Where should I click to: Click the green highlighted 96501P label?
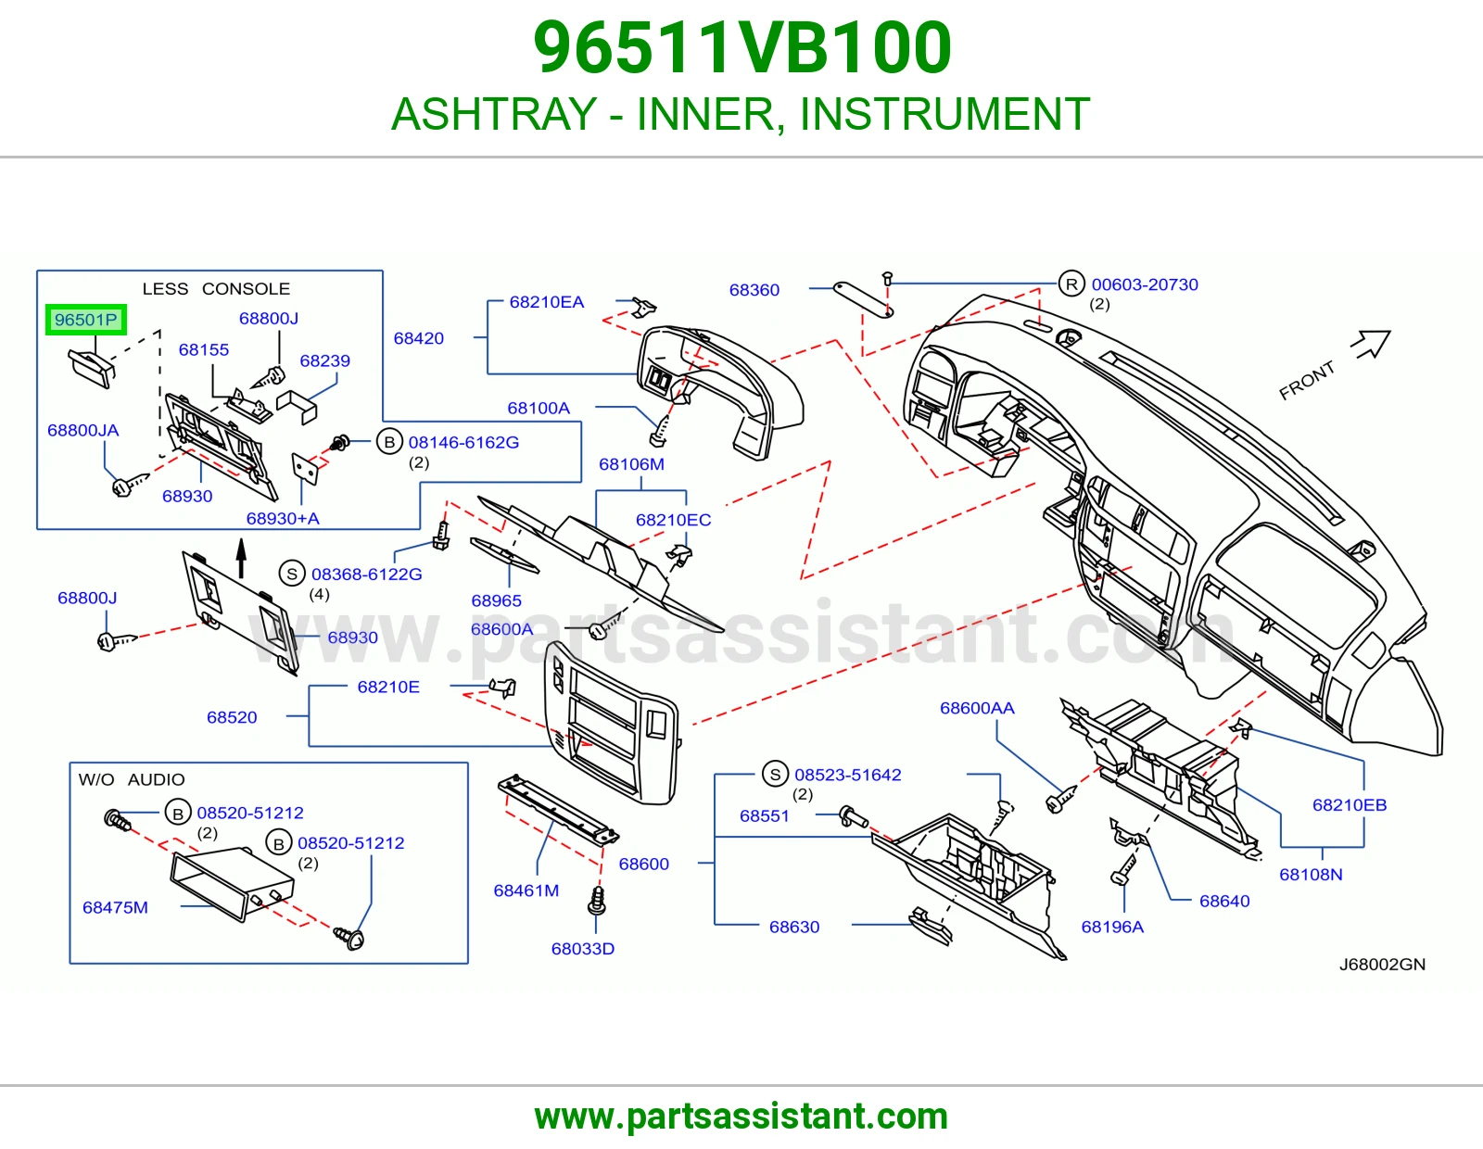click(86, 320)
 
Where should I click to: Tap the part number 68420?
click(418, 337)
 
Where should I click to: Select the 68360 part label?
click(754, 289)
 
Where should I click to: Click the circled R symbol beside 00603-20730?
click(1071, 284)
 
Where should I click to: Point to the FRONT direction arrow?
click(1372, 344)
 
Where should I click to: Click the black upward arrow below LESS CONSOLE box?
click(241, 558)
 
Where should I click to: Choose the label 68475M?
click(115, 907)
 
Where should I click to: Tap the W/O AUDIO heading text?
click(132, 779)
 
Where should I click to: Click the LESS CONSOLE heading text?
click(216, 288)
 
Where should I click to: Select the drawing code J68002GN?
click(1382, 964)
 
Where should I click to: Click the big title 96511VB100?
click(741, 48)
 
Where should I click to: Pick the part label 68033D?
click(583, 949)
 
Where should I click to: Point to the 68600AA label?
click(977, 708)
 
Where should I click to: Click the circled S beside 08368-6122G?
click(292, 574)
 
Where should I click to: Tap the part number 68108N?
click(1311, 874)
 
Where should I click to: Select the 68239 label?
click(324, 360)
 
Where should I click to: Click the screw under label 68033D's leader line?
click(597, 901)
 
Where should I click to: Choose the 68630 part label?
click(794, 927)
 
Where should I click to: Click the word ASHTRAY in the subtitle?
click(494, 114)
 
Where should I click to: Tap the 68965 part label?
click(496, 600)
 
